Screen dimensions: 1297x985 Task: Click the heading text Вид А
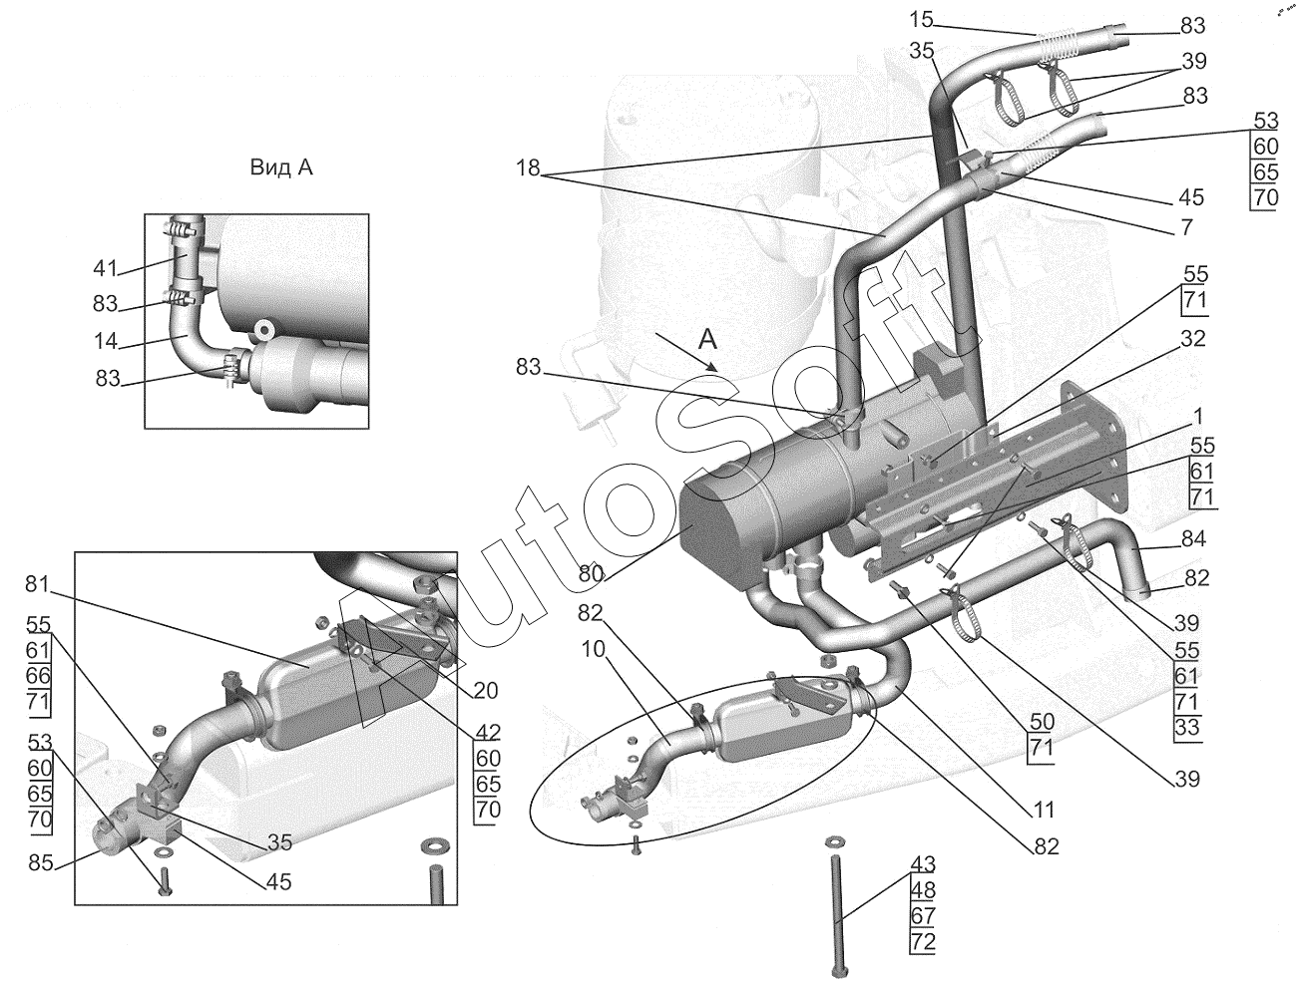[281, 167]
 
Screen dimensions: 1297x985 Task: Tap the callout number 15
[920, 20]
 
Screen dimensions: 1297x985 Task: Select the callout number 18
[528, 168]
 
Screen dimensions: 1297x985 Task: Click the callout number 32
[1192, 339]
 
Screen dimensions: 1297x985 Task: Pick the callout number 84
[1193, 538]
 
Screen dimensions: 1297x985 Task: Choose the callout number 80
[591, 573]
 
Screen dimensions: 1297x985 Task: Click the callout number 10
[594, 650]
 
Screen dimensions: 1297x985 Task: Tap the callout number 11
[1044, 811]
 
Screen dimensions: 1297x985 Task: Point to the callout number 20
[486, 690]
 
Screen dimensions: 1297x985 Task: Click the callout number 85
[41, 862]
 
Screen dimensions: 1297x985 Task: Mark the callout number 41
[106, 268]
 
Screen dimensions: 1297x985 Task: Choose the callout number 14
[106, 341]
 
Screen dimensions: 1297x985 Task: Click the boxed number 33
[1186, 728]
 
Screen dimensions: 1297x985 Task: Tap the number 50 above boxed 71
[1042, 722]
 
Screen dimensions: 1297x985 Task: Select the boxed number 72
[923, 942]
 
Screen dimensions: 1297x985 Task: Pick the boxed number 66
[39, 676]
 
